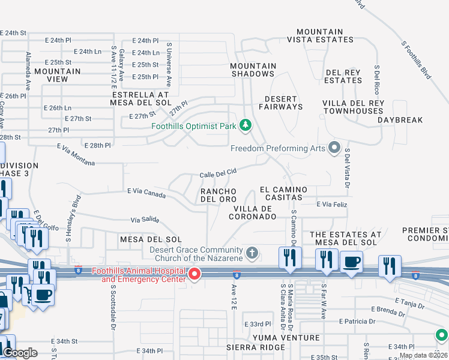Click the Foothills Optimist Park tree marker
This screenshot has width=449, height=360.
click(x=245, y=125)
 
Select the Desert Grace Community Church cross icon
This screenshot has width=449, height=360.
click(x=252, y=253)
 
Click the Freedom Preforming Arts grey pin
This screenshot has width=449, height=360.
click(x=334, y=148)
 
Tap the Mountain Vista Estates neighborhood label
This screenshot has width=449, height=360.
click(x=319, y=36)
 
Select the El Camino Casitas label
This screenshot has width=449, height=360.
click(x=283, y=194)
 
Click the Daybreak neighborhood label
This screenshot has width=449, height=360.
click(x=400, y=120)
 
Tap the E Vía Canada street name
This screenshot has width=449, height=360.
click(x=146, y=193)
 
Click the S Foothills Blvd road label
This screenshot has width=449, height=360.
click(x=416, y=60)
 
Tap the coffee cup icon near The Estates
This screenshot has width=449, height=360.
click(x=351, y=262)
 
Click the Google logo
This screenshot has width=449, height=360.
click(x=20, y=353)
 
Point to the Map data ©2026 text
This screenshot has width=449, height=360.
click(x=423, y=355)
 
